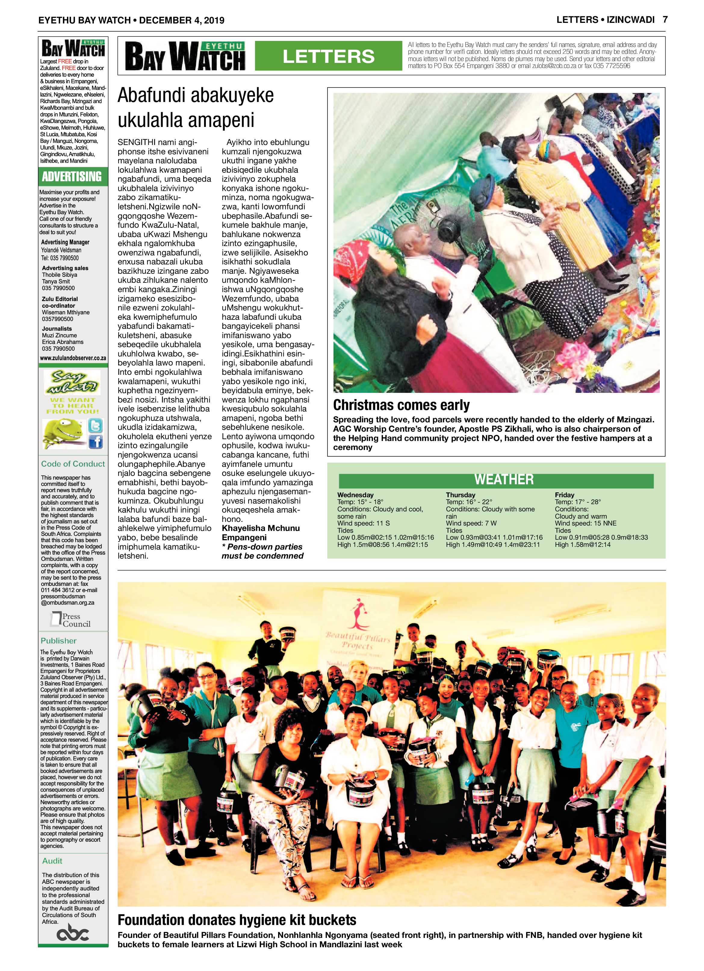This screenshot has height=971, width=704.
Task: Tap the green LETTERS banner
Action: (328, 56)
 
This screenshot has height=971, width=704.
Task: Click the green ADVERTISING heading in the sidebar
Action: (72, 176)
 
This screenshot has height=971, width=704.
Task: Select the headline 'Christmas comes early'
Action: (401, 405)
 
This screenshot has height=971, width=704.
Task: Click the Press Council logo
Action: (71, 620)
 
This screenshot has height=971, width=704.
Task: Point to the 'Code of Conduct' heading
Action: (73, 464)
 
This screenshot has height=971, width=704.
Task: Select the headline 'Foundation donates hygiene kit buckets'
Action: (237, 920)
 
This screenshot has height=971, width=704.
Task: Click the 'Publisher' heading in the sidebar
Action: (58, 640)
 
